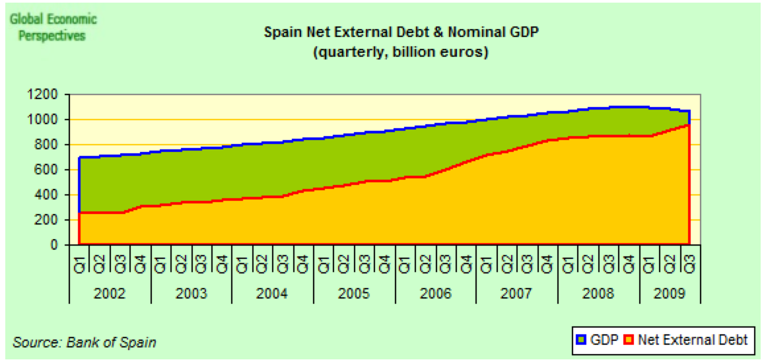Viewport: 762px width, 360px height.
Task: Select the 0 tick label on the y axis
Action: click(57, 245)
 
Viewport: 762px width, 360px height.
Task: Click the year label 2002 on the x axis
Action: click(110, 293)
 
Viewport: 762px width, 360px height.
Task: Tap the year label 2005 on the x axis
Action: click(354, 293)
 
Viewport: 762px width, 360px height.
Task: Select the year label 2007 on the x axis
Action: click(517, 293)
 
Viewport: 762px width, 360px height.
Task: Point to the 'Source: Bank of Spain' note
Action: click(84, 343)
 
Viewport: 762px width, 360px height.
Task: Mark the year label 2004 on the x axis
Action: click(273, 293)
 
